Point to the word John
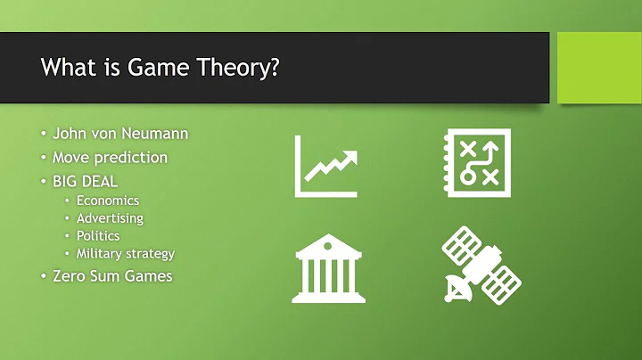click(70, 135)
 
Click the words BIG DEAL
click(86, 181)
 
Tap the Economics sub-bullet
click(107, 200)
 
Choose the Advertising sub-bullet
click(110, 218)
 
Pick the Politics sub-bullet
click(97, 236)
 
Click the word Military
click(100, 254)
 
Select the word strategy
click(151, 255)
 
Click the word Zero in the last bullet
click(70, 276)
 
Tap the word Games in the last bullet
click(147, 276)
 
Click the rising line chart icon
click(326, 165)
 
